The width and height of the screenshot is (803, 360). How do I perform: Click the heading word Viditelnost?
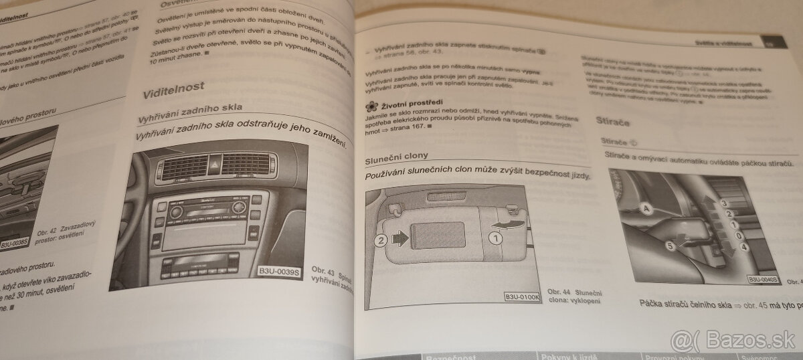click(x=175, y=87)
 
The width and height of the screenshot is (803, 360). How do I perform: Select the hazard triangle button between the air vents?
click(x=216, y=161)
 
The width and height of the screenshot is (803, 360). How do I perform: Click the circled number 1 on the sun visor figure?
click(x=497, y=236)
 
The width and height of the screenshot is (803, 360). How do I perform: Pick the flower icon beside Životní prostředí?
click(x=371, y=106)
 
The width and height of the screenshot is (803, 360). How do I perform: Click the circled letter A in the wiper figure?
click(x=645, y=208)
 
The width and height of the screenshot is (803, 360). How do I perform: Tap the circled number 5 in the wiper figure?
click(x=671, y=246)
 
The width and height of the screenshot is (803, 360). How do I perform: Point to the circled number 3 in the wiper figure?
click(x=723, y=202)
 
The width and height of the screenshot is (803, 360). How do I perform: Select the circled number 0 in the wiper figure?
click(x=736, y=236)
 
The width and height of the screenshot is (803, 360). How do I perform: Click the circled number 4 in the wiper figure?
click(x=744, y=248)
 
